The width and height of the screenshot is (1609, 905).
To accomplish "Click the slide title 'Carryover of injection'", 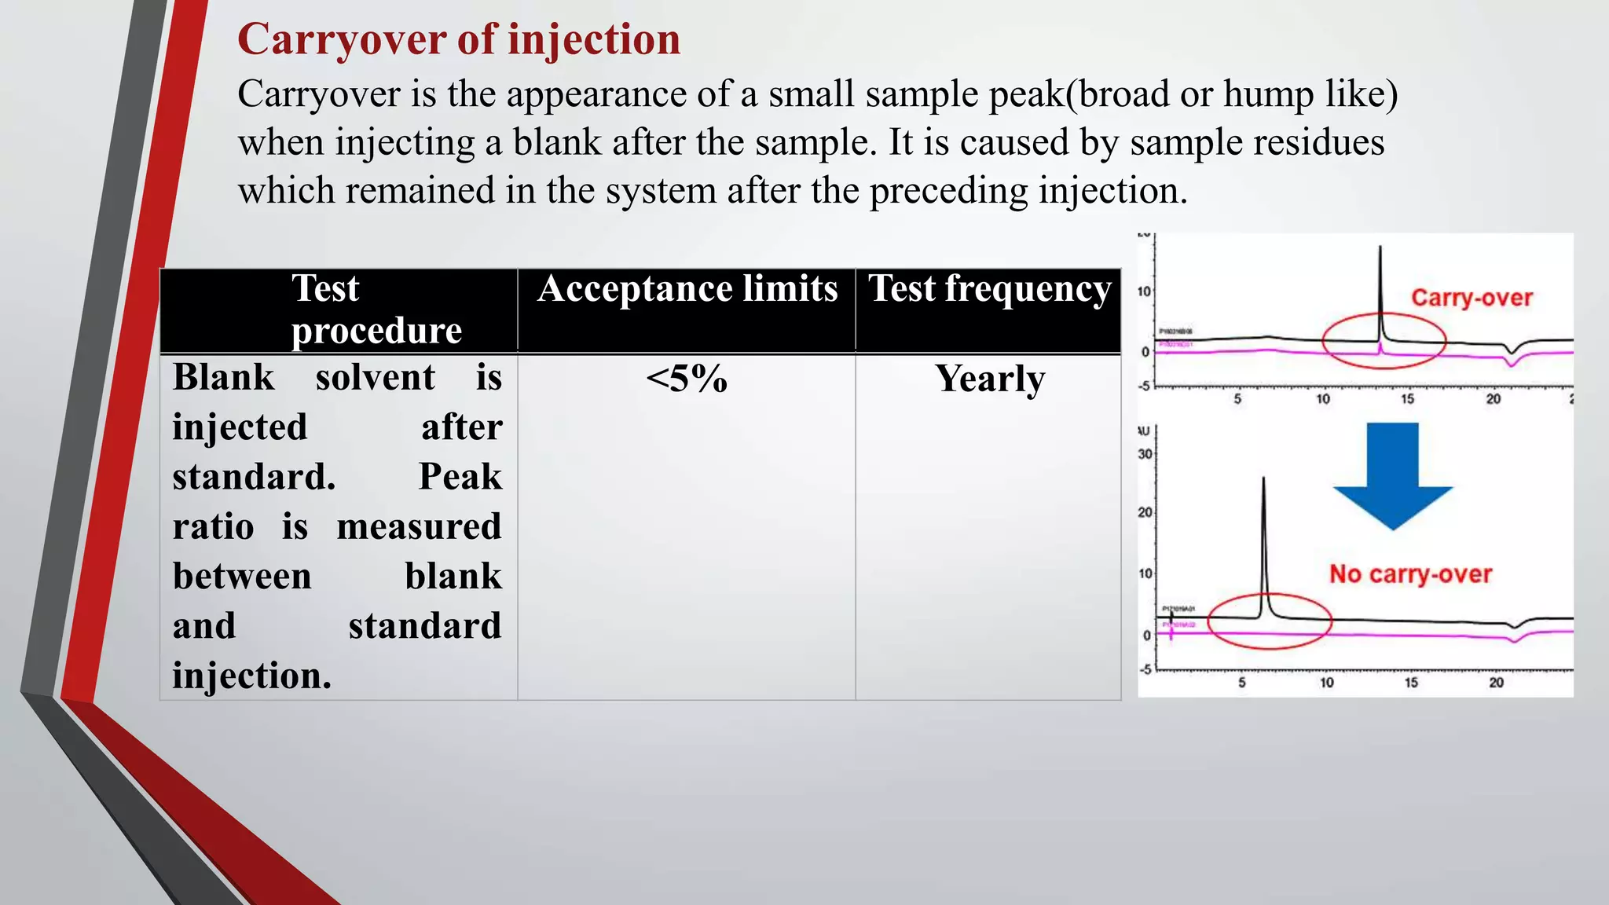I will coord(459,39).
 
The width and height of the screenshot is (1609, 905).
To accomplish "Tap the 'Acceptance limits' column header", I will coord(687,289).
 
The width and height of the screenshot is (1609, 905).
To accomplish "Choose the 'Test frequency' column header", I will coord(989,289).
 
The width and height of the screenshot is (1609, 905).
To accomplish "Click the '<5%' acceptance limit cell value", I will coord(687,379).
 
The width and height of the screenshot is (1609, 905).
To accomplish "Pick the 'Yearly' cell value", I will coord(989,379).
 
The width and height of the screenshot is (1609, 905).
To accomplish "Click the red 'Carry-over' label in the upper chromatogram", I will coord(1472,298).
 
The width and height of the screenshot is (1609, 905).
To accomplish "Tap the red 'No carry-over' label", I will coord(1410,574).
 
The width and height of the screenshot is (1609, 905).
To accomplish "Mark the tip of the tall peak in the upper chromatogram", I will coord(1380,248).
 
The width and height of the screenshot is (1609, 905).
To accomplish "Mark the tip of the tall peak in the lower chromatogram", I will coord(1263,478).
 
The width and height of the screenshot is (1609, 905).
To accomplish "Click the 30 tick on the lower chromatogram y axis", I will coord(1145,454).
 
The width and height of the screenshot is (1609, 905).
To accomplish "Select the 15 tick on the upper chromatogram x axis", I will coord(1407,399).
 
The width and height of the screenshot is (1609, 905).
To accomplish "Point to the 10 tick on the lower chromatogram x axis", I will coord(1326,683).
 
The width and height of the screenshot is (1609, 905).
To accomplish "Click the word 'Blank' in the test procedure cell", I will coord(224,377).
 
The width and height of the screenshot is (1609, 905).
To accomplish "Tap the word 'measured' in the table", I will coord(419,526).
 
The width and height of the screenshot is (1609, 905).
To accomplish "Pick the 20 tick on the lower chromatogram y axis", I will coord(1145,513).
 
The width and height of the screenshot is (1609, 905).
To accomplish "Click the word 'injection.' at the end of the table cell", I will coord(251,676).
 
